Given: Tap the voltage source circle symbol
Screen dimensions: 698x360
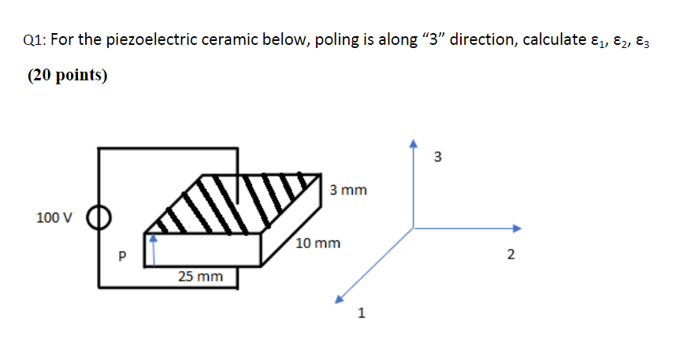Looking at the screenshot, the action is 98,217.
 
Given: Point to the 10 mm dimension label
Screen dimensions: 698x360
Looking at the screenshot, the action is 319,243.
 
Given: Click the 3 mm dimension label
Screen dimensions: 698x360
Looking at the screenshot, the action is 348,190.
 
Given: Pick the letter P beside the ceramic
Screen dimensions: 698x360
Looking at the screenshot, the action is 121,256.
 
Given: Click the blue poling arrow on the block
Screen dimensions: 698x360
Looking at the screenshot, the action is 156,245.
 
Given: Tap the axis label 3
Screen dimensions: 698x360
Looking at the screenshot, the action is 438,156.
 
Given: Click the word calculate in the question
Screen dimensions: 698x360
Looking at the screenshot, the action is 548,41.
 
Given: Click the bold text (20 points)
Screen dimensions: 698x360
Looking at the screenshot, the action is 68,76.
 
